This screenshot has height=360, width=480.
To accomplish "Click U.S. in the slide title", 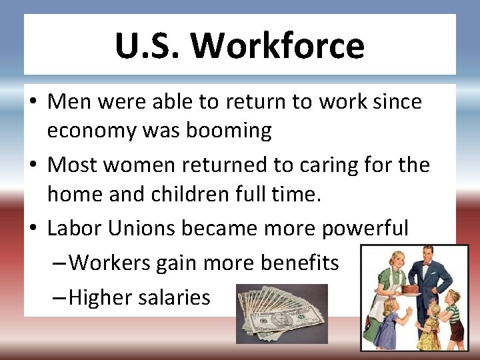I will coord(148,46).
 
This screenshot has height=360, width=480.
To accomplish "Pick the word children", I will coord(203,194).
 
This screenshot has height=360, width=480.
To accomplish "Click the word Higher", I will coord(100,297).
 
